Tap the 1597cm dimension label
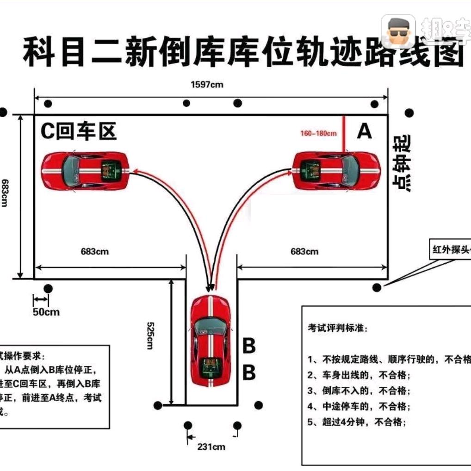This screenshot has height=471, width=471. pos(207,85)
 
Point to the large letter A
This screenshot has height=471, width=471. pos(364,132)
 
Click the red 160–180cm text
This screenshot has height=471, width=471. pos(318,134)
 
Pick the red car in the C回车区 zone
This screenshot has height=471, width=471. pos(85,170)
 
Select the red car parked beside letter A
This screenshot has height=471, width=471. pos(336,170)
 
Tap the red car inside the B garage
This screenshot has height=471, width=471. pos(211,341)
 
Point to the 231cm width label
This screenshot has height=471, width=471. pos(211,447)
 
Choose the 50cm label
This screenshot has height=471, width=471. pos(46,311)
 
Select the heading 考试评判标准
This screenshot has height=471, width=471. pos(338,328)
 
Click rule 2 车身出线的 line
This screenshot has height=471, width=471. pos(359,375)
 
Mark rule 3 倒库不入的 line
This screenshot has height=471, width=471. pos(359,390)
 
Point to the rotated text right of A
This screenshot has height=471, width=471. pos(401,163)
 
